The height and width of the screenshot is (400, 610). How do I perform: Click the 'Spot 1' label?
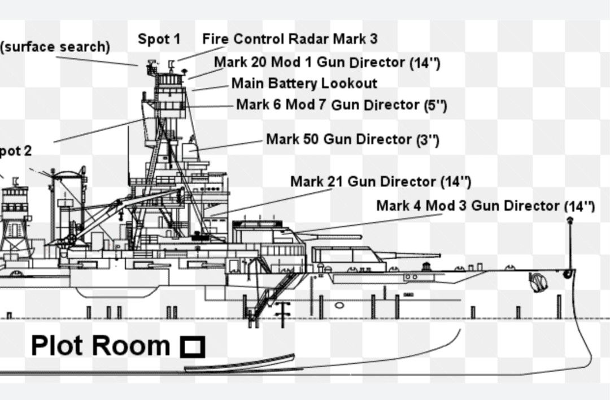coord(159,39)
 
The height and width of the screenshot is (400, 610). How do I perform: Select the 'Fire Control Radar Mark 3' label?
coord(290,39)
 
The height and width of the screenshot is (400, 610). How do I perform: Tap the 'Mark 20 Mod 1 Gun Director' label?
coord(326,62)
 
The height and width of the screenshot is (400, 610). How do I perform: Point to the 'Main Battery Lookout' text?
coord(304,84)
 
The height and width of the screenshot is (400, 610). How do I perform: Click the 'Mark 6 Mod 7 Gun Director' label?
coord(341,105)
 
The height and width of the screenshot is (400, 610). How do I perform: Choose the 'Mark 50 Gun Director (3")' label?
coord(352,139)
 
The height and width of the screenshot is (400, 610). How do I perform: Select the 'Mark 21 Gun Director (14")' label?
coord(380,182)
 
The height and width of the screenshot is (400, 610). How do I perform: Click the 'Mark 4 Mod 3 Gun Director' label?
coord(485,206)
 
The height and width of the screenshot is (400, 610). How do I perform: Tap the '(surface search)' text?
coord(55,47)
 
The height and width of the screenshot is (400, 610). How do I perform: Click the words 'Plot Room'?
coord(101,345)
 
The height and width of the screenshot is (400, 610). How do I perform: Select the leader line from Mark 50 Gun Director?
coord(232,145)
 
